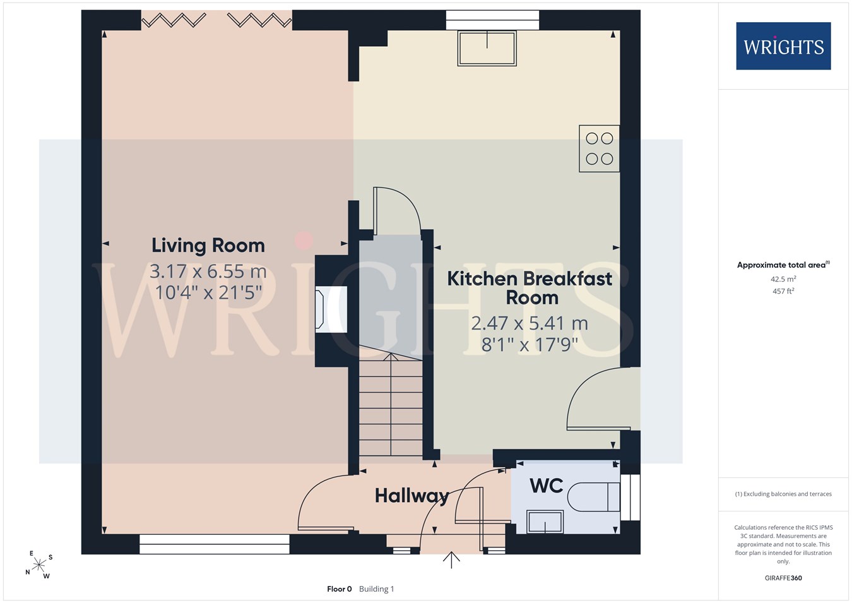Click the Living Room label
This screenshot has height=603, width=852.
click(x=208, y=246)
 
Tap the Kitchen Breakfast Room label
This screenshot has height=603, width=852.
click(x=530, y=288)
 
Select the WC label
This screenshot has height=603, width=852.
click(x=546, y=486)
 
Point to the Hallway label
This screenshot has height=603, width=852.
click(x=412, y=496)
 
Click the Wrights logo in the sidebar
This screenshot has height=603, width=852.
click(x=784, y=46)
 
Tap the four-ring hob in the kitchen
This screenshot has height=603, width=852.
click(x=600, y=148)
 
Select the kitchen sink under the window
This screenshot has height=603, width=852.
click(x=487, y=49)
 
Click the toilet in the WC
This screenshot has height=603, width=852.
click(x=594, y=497)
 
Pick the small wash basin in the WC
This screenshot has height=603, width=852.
click(x=545, y=522)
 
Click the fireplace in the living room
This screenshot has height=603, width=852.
click(x=331, y=309)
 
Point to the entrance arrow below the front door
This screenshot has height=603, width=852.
click(x=451, y=559)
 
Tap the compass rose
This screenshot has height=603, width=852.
click(x=38, y=565)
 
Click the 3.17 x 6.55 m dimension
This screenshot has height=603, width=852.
click(x=208, y=272)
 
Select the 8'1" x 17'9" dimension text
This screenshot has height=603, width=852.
click(x=530, y=345)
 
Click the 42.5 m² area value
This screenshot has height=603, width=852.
click(x=783, y=279)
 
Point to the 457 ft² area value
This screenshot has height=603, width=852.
click(x=783, y=291)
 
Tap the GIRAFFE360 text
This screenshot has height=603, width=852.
click(x=783, y=578)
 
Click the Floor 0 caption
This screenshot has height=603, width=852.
click(x=340, y=589)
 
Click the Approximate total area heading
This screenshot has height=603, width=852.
click(x=783, y=265)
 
